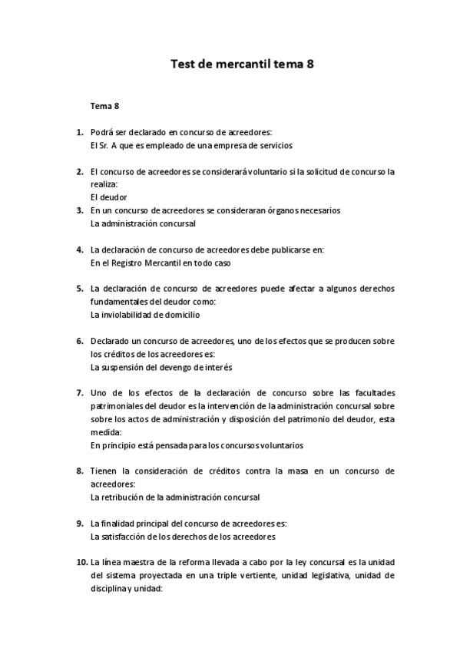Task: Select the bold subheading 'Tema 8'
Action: point(104,105)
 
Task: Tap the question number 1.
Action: point(79,132)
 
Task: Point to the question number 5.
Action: point(79,289)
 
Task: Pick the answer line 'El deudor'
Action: point(108,197)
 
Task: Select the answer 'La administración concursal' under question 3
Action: point(143,223)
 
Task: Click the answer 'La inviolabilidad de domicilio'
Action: point(147,315)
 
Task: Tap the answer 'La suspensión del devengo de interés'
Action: point(162,367)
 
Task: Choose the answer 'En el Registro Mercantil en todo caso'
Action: point(161,263)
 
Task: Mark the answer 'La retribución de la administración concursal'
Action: point(175,497)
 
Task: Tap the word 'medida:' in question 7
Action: point(105,432)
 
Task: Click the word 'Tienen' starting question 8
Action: point(104,471)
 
